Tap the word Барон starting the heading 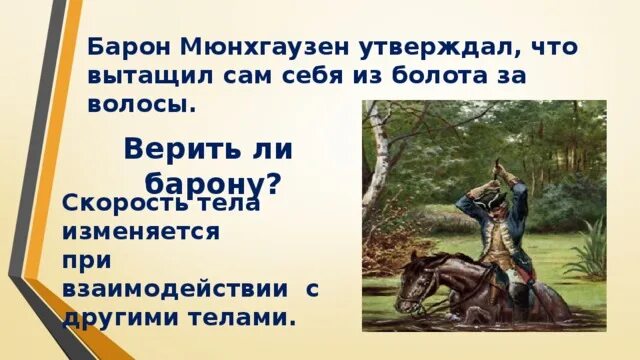click(x=127, y=47)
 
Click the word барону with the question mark click(x=213, y=183)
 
